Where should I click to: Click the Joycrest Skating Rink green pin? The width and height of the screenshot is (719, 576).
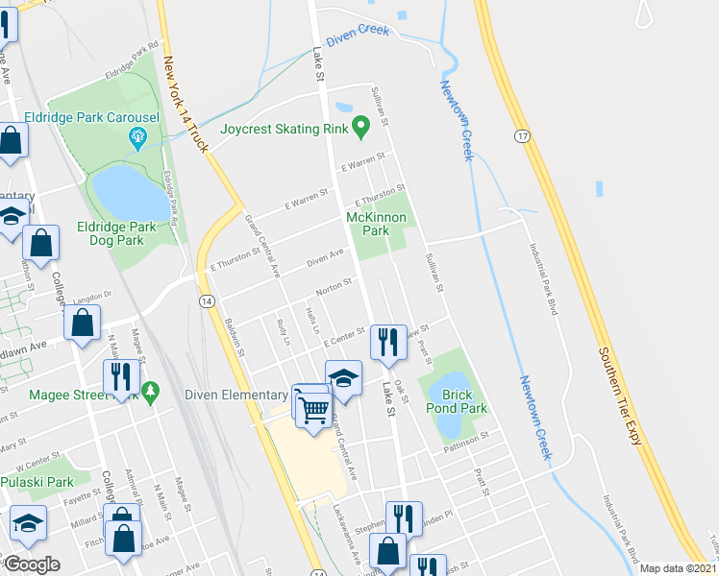click(x=360, y=125)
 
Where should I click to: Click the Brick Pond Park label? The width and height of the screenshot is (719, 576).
click(x=464, y=401)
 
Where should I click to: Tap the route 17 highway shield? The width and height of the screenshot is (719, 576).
click(x=521, y=136)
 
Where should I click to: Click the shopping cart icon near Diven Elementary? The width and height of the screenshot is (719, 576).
click(x=314, y=409)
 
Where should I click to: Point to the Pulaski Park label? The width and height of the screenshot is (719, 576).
click(x=37, y=482)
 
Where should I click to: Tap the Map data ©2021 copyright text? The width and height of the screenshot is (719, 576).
click(x=679, y=568)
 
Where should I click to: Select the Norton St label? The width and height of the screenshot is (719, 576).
click(x=333, y=287)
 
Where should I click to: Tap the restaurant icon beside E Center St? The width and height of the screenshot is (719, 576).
click(x=387, y=343)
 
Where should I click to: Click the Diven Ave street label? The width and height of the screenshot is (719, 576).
click(x=325, y=258)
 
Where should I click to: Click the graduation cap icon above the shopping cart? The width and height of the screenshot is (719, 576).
click(x=343, y=379)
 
